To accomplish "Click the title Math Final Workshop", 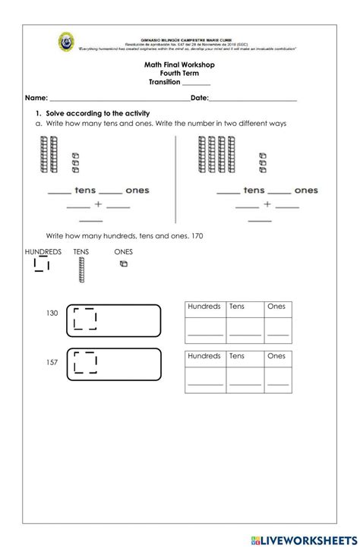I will coord(179,65).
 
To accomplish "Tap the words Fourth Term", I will coord(179,74).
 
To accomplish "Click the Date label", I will coord(199,99).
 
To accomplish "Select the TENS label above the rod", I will coord(81,251).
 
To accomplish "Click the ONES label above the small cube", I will coord(123,251).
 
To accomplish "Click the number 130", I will coord(52,313).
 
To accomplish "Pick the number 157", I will coord(52,362).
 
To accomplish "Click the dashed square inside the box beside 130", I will coord(85,320).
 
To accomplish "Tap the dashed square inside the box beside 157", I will coord(85,363).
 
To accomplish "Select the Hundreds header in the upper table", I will coord(204,307).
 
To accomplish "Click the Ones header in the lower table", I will coord(276,355).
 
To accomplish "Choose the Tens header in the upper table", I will coord(237,307).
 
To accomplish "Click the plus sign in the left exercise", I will coord(98,205).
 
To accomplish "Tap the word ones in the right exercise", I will coord(305,191).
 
